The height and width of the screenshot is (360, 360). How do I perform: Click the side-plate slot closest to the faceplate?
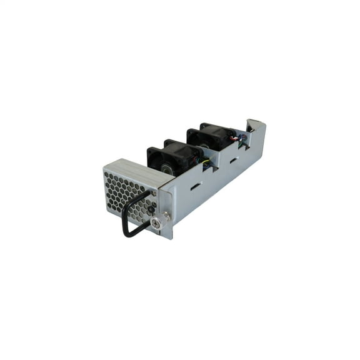tap(195, 186)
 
